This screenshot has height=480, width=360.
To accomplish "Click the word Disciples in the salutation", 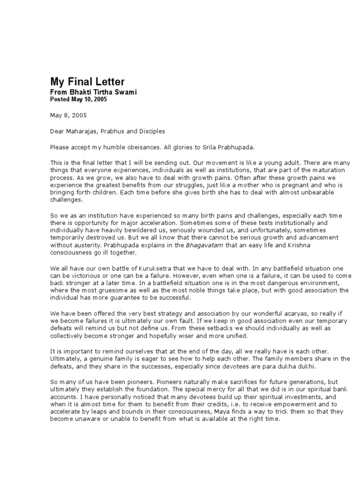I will pyautogui.click(x=150, y=131).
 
